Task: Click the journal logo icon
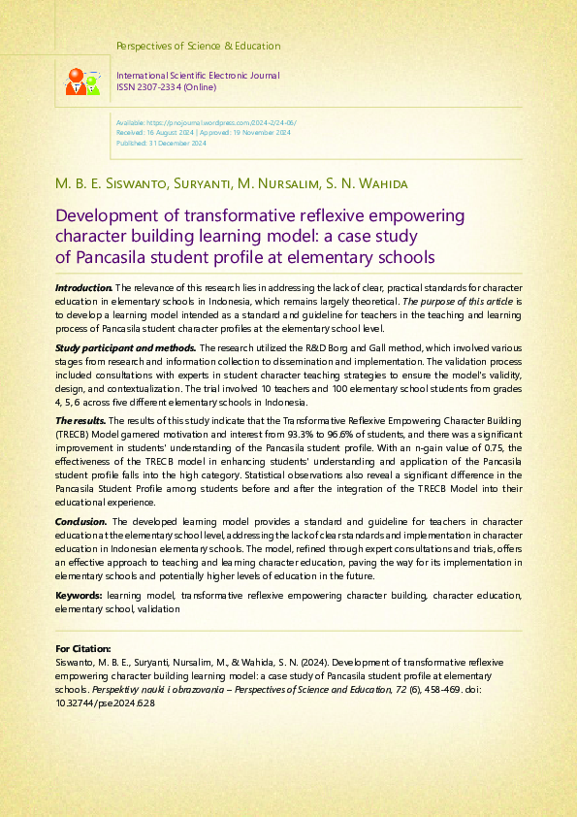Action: [x=82, y=82]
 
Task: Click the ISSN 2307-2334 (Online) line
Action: [x=166, y=87]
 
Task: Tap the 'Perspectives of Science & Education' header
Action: [x=198, y=46]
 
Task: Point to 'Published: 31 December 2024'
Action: [x=161, y=143]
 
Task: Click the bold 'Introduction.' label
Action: [x=84, y=288]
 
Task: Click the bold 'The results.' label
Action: [x=80, y=419]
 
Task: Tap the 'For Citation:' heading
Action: [x=83, y=647]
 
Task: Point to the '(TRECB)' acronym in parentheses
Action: [x=75, y=434]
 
